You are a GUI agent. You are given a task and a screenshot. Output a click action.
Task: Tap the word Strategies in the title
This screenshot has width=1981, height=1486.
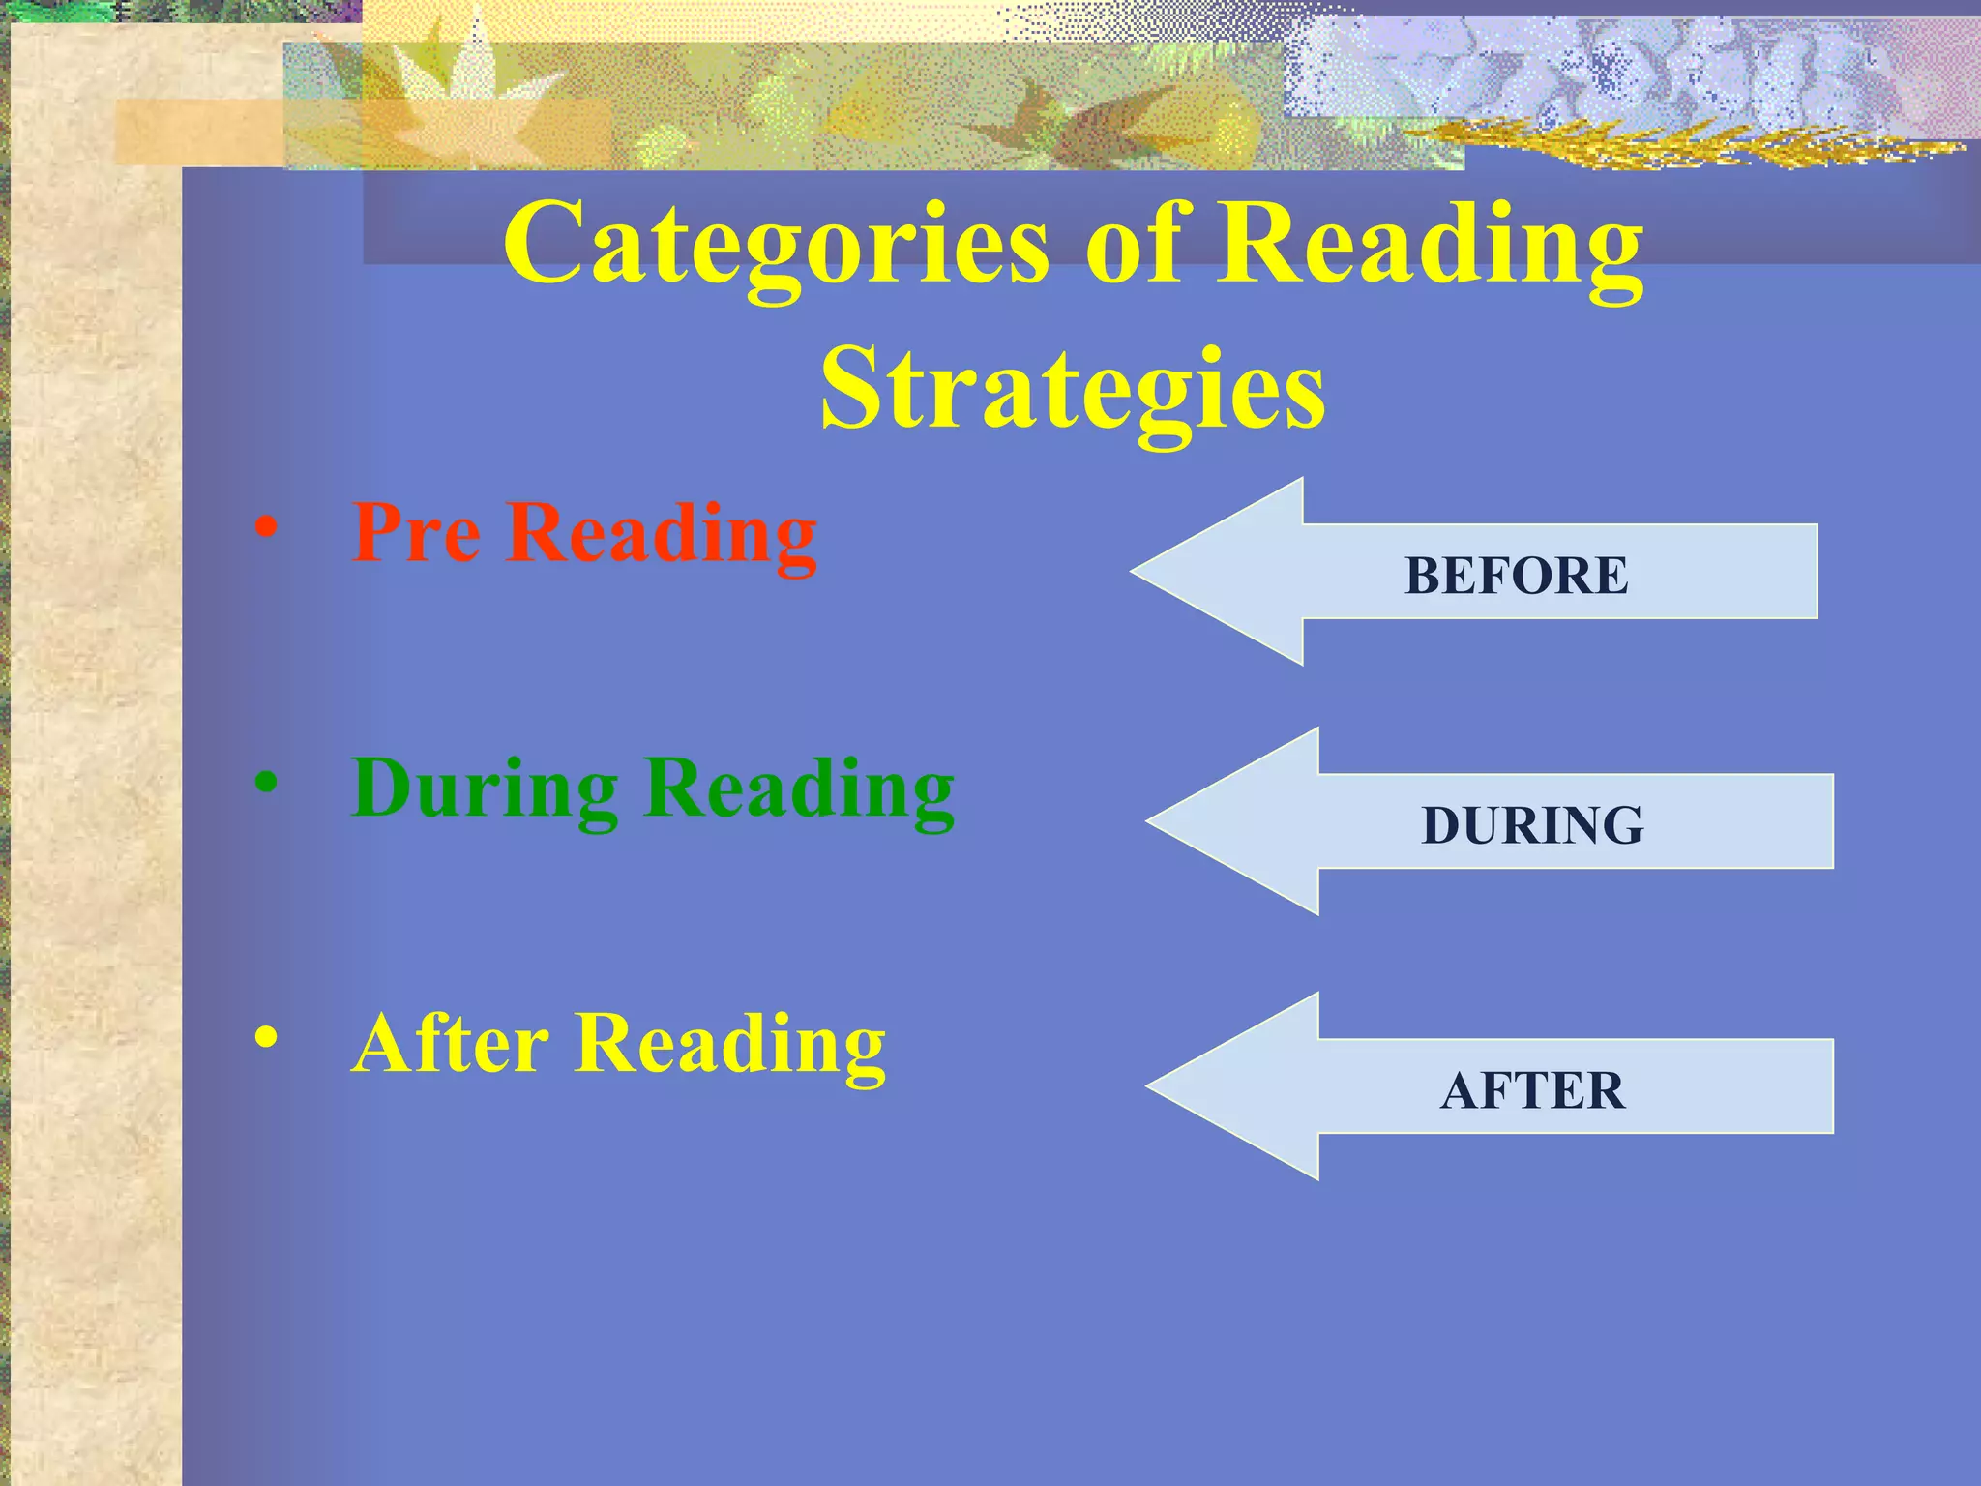click(x=1073, y=390)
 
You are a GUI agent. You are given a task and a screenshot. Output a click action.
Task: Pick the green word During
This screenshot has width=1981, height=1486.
click(x=485, y=788)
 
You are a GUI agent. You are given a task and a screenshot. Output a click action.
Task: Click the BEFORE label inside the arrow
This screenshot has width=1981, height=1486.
click(x=1516, y=576)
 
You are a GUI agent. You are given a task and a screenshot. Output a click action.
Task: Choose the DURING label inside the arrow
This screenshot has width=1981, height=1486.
click(x=1532, y=825)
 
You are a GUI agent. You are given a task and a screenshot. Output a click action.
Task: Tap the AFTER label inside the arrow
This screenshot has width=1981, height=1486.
click(x=1532, y=1090)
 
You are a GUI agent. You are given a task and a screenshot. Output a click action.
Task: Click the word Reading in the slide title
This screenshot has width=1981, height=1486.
click(x=1430, y=244)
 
